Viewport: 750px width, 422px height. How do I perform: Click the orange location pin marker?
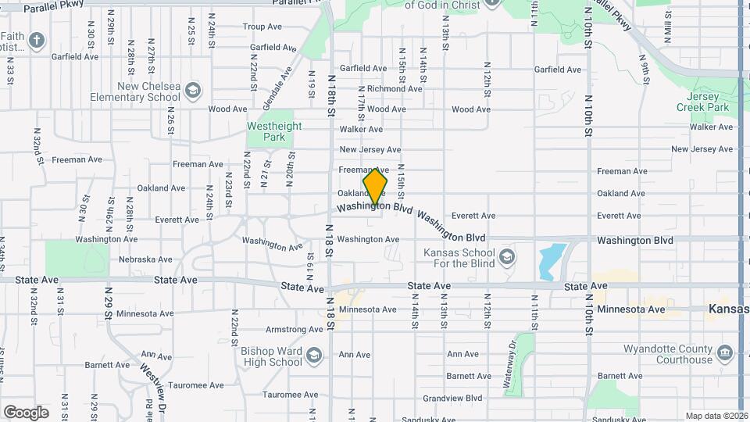click(x=375, y=188)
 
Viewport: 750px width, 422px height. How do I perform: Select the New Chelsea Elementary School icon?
click(x=192, y=91)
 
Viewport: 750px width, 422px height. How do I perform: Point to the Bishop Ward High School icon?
click(x=313, y=356)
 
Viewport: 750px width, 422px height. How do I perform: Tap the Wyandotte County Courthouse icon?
click(x=724, y=354)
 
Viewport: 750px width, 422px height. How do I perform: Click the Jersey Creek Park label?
click(x=702, y=102)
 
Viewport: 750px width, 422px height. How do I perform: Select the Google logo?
click(x=26, y=412)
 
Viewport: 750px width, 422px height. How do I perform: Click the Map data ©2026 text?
click(x=716, y=416)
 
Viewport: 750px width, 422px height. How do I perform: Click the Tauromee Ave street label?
click(x=198, y=385)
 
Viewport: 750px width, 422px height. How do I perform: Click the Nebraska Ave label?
click(x=145, y=259)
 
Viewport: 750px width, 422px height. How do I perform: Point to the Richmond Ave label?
click(x=395, y=89)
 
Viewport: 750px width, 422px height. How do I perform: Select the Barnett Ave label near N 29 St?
click(x=107, y=365)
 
